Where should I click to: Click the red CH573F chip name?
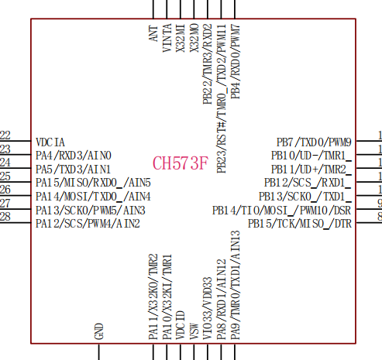(x=181, y=163)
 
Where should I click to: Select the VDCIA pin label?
(x=50, y=142)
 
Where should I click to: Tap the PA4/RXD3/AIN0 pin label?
(x=74, y=156)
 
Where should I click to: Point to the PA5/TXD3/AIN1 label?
(x=73, y=170)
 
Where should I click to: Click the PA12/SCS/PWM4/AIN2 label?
(x=88, y=224)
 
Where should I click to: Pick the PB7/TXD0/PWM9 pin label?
(x=314, y=142)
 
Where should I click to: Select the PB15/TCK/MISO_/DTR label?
(x=300, y=224)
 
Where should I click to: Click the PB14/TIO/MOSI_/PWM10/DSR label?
(x=282, y=211)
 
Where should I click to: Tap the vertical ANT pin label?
(x=153, y=33)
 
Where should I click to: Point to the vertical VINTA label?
(x=167, y=38)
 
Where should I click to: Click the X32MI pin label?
(x=181, y=38)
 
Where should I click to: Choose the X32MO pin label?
(x=194, y=38)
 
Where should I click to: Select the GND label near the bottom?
(x=99, y=331)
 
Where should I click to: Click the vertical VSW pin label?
(x=194, y=331)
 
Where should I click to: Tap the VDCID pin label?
(x=181, y=325)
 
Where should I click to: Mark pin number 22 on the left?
(x=5, y=135)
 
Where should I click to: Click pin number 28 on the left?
(x=5, y=216)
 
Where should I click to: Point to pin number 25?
(x=5, y=176)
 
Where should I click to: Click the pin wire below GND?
(x=99, y=351)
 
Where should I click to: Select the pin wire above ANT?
(x=153, y=9)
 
